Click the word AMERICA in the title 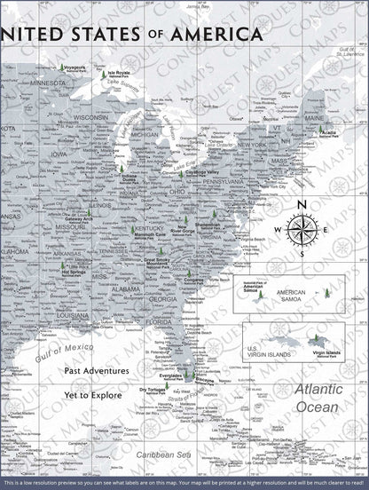(x=217, y=34)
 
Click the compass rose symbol (x=302, y=230)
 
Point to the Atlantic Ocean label (x=317, y=397)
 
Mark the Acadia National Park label (x=352, y=133)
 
